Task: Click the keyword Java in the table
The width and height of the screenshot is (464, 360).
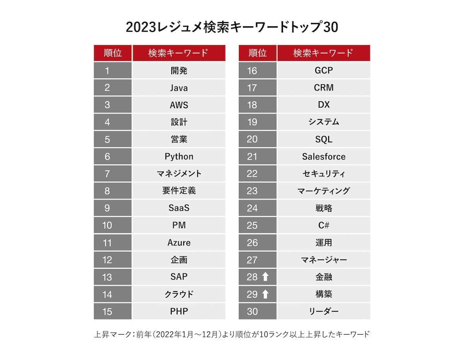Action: pos(179,88)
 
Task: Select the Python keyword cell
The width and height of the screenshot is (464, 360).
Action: pos(179,157)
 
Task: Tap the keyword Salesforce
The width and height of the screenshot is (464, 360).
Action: pos(324,157)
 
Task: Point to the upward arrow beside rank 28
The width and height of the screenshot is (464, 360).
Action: pos(265,277)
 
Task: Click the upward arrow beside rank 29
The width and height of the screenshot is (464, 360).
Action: pos(265,294)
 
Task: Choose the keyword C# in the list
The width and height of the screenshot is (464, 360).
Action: pos(324,225)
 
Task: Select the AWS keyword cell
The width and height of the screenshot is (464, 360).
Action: pos(179,105)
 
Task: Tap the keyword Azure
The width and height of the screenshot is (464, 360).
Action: pos(179,243)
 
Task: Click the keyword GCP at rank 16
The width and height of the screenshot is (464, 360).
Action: pos(324,71)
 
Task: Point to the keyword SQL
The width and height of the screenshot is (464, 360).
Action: pos(324,139)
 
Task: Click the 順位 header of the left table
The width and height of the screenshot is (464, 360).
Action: pos(113,53)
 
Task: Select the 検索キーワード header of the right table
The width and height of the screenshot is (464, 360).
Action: pos(324,53)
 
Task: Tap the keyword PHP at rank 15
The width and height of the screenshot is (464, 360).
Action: pos(179,311)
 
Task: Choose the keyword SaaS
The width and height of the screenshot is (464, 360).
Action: pos(179,208)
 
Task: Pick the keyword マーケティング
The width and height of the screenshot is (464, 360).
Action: pos(324,191)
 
